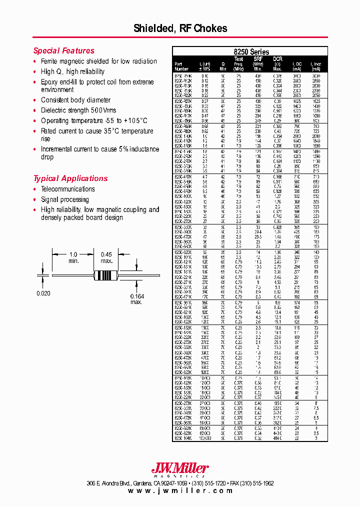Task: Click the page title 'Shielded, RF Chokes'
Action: click(x=180, y=28)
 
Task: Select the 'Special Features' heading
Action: click(x=63, y=50)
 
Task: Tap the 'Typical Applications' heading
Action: click(x=70, y=178)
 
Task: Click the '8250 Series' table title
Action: click(x=251, y=52)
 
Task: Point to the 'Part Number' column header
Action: click(x=181, y=66)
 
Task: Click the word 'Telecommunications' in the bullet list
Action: click(x=68, y=189)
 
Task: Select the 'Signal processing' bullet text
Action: click(x=64, y=199)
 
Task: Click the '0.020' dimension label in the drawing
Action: click(x=43, y=293)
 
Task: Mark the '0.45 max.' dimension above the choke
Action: click(x=106, y=257)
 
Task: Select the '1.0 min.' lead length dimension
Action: click(x=74, y=257)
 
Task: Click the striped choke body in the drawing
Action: click(x=106, y=274)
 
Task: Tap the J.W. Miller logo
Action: click(x=180, y=469)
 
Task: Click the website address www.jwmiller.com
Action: click(x=180, y=491)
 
